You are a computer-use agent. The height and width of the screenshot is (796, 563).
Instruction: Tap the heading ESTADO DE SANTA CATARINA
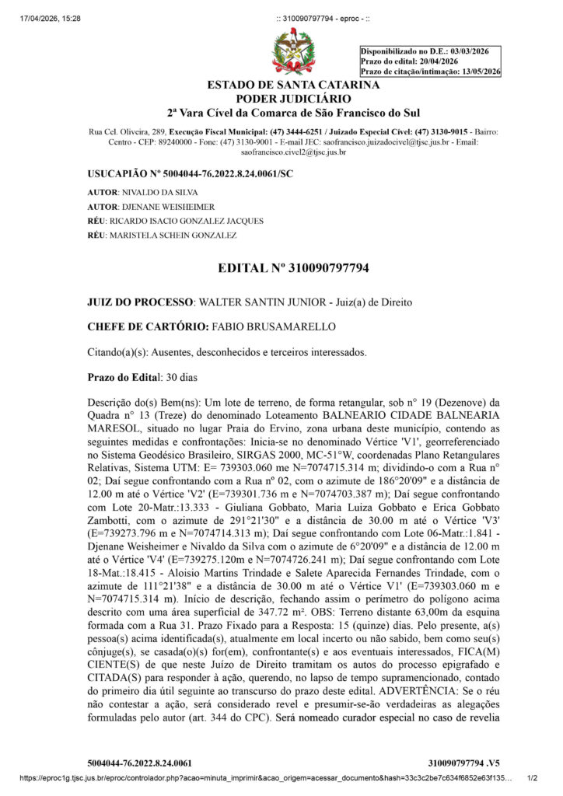click(x=293, y=85)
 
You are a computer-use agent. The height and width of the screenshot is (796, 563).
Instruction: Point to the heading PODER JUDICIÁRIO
click(x=293, y=99)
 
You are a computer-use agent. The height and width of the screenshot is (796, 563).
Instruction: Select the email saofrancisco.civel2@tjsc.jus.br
click(x=293, y=152)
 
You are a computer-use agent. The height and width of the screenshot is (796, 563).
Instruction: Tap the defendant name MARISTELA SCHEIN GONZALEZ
click(x=173, y=235)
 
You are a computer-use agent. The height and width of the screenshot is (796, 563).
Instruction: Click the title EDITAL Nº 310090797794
click(x=293, y=269)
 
